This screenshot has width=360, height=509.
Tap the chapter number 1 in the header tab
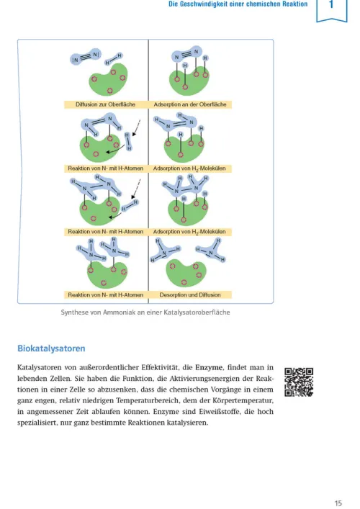click(332, 6)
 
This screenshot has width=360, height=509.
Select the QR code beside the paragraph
click(299, 381)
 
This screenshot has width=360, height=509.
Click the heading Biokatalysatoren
click(51, 348)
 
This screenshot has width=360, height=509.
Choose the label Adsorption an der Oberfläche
click(190, 104)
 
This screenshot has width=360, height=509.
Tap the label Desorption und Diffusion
click(190, 294)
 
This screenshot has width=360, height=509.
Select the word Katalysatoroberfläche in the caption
click(195, 312)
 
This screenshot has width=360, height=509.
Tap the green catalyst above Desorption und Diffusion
click(186, 272)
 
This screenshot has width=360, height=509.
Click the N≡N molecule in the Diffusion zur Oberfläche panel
click(86, 57)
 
